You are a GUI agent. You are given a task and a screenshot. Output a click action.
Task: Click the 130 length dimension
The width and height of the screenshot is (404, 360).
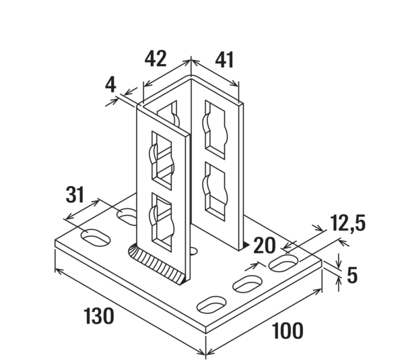(98, 316)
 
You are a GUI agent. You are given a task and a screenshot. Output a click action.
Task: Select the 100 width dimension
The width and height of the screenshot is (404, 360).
(288, 331)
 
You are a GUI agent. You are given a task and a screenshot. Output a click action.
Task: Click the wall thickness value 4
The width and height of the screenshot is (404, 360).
(111, 86)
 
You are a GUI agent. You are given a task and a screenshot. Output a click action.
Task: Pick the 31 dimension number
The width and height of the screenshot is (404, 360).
(75, 195)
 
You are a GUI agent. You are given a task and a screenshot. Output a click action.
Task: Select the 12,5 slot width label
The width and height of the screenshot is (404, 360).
(347, 223)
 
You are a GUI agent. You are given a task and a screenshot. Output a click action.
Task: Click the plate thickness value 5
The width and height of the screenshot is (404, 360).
(351, 274)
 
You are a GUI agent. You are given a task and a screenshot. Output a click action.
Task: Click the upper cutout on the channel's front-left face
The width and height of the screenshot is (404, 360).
(161, 158)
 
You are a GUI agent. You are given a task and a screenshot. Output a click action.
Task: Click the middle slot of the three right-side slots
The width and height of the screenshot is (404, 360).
(246, 284)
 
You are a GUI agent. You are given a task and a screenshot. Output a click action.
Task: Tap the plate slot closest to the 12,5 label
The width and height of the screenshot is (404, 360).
(283, 263)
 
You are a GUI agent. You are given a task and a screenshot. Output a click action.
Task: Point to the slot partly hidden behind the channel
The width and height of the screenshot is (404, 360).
(127, 216)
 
